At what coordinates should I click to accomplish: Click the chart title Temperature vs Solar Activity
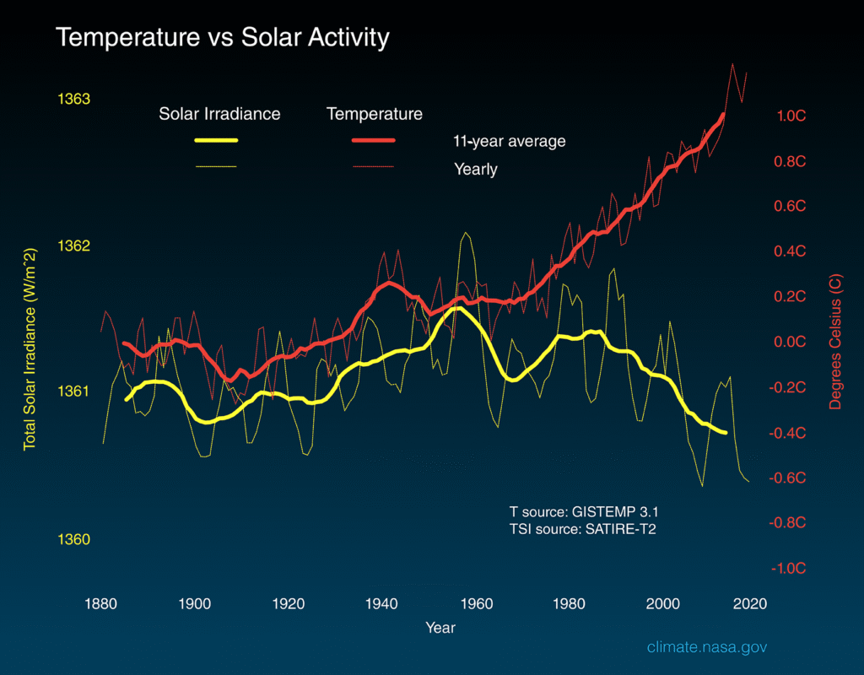pos(223,38)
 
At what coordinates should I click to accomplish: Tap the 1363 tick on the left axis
pos(73,99)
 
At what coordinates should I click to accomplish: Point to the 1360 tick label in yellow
pos(73,539)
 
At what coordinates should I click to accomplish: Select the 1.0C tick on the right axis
pos(791,116)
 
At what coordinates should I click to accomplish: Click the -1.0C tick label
pos(789,568)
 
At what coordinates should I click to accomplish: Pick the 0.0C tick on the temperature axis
pos(791,342)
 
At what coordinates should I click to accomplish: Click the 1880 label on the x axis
pos(101,603)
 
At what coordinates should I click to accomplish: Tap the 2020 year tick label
pos(750,603)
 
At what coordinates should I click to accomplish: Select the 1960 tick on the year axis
pos(477,603)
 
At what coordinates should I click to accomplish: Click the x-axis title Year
pos(440,628)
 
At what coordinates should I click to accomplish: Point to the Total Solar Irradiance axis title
pos(30,349)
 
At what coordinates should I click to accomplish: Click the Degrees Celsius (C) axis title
pos(835,342)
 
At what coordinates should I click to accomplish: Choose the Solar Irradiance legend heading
pos(219,113)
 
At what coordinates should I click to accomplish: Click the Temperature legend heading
pos(375,113)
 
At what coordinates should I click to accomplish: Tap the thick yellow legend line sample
pos(216,141)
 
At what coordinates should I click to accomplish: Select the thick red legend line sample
pos(373,141)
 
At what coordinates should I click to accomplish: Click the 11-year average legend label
pos(510,141)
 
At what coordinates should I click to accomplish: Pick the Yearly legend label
pos(476,169)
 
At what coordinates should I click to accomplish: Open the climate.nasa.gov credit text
pos(707,647)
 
